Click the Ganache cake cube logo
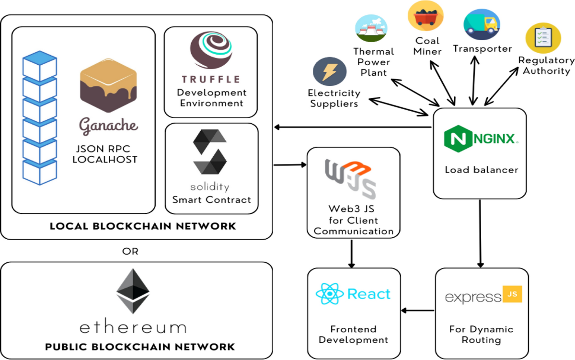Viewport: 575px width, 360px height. click(x=108, y=86)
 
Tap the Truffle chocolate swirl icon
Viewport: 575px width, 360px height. click(x=211, y=50)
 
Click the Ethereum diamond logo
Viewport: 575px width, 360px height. click(x=133, y=291)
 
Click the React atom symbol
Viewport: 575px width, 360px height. click(x=329, y=294)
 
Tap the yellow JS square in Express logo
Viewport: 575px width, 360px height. click(x=511, y=294)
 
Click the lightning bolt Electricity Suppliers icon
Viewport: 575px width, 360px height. click(x=329, y=72)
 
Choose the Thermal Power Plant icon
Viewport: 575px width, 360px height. click(x=371, y=30)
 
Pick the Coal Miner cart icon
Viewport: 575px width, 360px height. click(x=425, y=15)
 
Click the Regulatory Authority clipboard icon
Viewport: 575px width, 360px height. click(x=543, y=37)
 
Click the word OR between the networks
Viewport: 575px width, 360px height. click(x=131, y=251)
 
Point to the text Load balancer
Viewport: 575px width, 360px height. click(x=481, y=170)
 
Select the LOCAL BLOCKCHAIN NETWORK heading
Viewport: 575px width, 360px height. click(x=143, y=226)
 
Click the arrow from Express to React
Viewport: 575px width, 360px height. click(x=418, y=311)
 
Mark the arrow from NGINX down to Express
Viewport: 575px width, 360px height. click(x=480, y=233)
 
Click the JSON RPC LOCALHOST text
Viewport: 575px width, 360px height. click(x=104, y=154)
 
